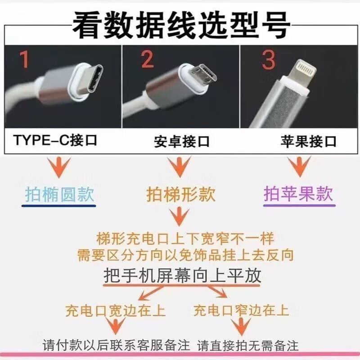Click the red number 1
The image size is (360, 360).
coord(24,59)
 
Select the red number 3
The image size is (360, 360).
coord(269,60)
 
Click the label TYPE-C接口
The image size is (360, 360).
coord(55,140)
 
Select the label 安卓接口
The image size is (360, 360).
coord(182,141)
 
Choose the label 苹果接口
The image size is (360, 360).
coord(308,141)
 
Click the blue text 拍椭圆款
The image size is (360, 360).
coord(59,194)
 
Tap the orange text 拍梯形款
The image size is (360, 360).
coord(181,194)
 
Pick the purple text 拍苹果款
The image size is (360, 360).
coord(298,194)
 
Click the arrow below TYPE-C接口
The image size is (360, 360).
coord(59,167)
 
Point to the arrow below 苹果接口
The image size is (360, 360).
coord(299,166)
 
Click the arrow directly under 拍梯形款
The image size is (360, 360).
coord(179,216)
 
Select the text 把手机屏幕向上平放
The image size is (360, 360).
coord(183,275)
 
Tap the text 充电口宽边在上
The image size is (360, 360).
coord(115,310)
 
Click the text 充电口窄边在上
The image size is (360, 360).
coord(241,310)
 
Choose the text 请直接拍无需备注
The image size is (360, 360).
coord(248,346)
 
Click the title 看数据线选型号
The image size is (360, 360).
coord(181,25)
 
